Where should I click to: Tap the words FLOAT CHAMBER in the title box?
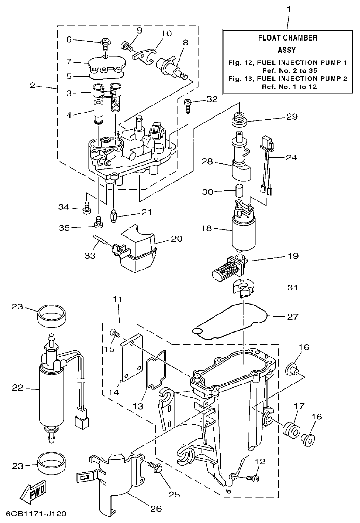[287, 38]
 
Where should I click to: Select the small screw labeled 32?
[188, 105]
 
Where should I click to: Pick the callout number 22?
[17, 389]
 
